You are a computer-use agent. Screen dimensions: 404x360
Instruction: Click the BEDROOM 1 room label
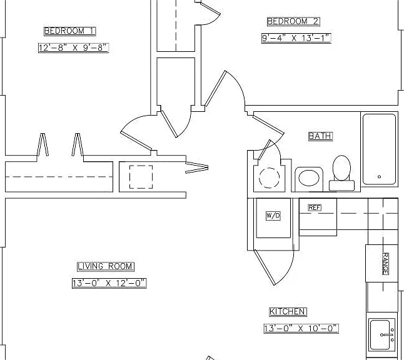70,31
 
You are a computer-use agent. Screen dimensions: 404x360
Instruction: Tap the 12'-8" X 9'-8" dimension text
73,48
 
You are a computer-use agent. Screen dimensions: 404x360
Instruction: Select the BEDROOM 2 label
293,21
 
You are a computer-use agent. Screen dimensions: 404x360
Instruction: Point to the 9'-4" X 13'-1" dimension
296,38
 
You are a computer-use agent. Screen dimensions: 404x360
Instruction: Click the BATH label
321,136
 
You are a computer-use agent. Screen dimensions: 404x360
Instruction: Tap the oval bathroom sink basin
309,177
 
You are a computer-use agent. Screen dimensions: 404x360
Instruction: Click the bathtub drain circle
379,177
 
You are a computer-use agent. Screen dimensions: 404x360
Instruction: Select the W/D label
273,216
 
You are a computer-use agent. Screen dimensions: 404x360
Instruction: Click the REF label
315,207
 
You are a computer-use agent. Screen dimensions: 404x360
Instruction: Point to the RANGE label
385,263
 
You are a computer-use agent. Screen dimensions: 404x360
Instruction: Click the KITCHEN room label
288,312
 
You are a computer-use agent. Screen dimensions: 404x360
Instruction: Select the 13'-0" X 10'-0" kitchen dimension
301,329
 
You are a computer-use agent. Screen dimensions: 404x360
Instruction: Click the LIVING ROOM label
106,266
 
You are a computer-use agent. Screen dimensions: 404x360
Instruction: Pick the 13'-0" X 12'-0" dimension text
109,283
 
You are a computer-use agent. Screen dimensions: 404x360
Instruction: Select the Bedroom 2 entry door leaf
215,88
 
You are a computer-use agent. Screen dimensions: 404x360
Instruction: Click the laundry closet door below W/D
265,267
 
